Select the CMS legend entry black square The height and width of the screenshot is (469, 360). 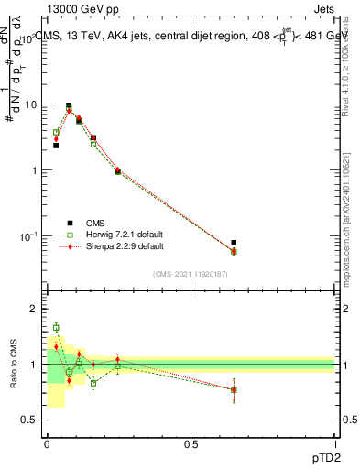coord(69,223)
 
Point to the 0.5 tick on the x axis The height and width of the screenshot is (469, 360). coord(191,443)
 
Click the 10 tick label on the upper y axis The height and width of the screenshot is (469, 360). coord(30,104)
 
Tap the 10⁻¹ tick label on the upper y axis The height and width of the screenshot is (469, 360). coord(28,236)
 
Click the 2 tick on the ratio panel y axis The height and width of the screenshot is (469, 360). coord(34,310)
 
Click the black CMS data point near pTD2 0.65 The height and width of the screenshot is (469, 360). coord(234,243)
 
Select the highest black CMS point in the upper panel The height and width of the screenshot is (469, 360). coord(69,105)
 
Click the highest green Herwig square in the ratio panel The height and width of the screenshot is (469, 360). coord(56,327)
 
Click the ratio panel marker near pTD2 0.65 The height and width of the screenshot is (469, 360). coord(234,389)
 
